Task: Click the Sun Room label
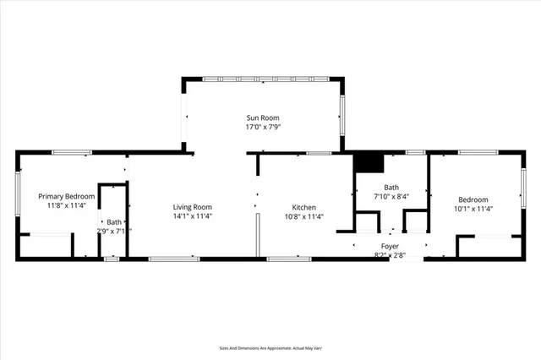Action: [262, 117]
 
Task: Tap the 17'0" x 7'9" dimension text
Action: [262, 127]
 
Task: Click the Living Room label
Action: [192, 207]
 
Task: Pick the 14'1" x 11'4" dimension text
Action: [192, 216]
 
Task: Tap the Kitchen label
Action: [303, 207]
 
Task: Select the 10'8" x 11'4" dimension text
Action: [303, 216]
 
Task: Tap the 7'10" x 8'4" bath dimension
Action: [391, 196]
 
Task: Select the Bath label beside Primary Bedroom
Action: [113, 222]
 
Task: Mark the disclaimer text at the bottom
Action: [270, 347]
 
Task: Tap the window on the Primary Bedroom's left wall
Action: [18, 194]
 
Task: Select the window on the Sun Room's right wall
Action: [342, 115]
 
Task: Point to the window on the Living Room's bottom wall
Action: [173, 259]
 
